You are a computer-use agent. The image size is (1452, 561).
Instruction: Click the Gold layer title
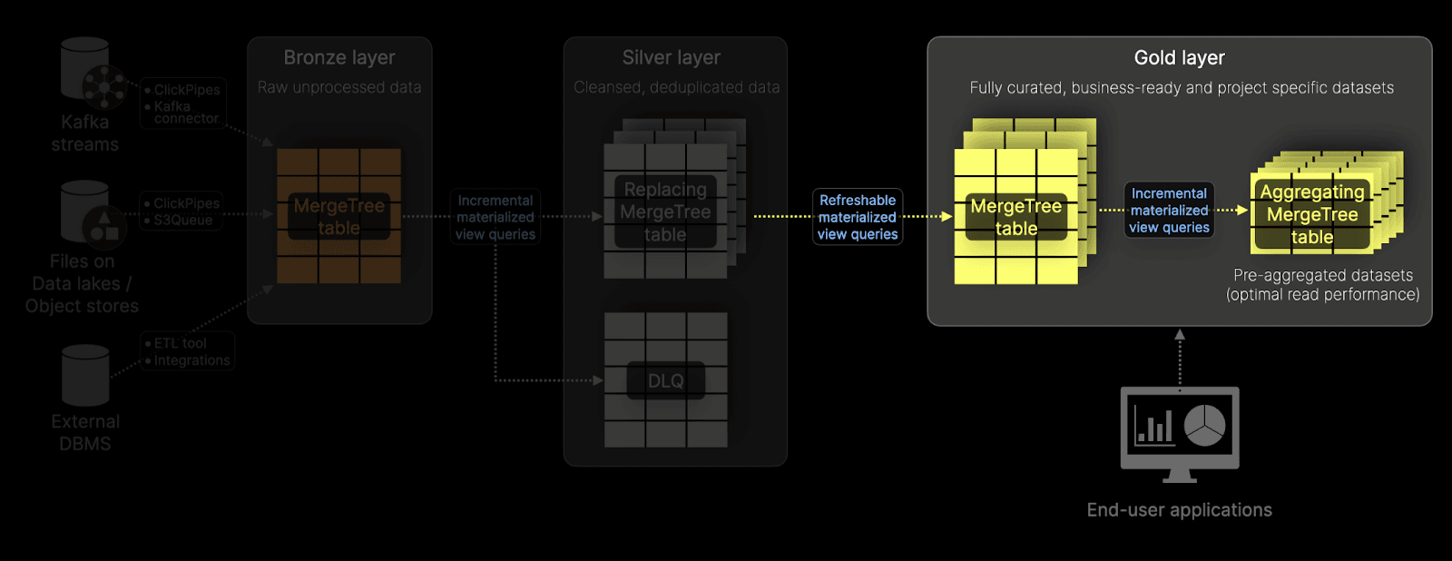tap(1179, 58)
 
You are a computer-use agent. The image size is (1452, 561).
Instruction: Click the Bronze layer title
tap(339, 58)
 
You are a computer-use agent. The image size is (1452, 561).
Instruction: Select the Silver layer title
tap(672, 58)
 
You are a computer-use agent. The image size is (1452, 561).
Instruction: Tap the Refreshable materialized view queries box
tap(857, 217)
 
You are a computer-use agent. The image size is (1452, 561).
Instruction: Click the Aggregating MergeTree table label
tap(1312, 215)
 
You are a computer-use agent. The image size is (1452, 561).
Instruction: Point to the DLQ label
tap(665, 381)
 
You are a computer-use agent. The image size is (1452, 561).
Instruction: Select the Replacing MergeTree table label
tap(665, 212)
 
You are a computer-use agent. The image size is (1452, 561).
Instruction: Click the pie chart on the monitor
tap(1204, 425)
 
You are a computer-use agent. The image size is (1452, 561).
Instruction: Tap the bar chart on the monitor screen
tap(1153, 425)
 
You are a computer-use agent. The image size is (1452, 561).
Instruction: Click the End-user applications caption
tap(1179, 510)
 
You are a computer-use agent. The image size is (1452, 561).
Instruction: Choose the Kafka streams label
tap(84, 133)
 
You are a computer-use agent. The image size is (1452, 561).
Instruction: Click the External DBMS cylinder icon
tap(85, 375)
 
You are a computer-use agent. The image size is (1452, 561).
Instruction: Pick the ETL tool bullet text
tap(180, 343)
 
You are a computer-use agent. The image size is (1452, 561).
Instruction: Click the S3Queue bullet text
tap(182, 220)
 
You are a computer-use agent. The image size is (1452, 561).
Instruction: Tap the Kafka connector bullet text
tap(186, 113)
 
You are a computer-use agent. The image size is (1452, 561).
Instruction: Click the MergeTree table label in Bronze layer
tap(338, 217)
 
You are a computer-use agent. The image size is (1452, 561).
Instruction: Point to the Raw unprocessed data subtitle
tap(339, 88)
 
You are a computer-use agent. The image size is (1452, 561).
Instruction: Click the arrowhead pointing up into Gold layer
tap(1180, 334)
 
